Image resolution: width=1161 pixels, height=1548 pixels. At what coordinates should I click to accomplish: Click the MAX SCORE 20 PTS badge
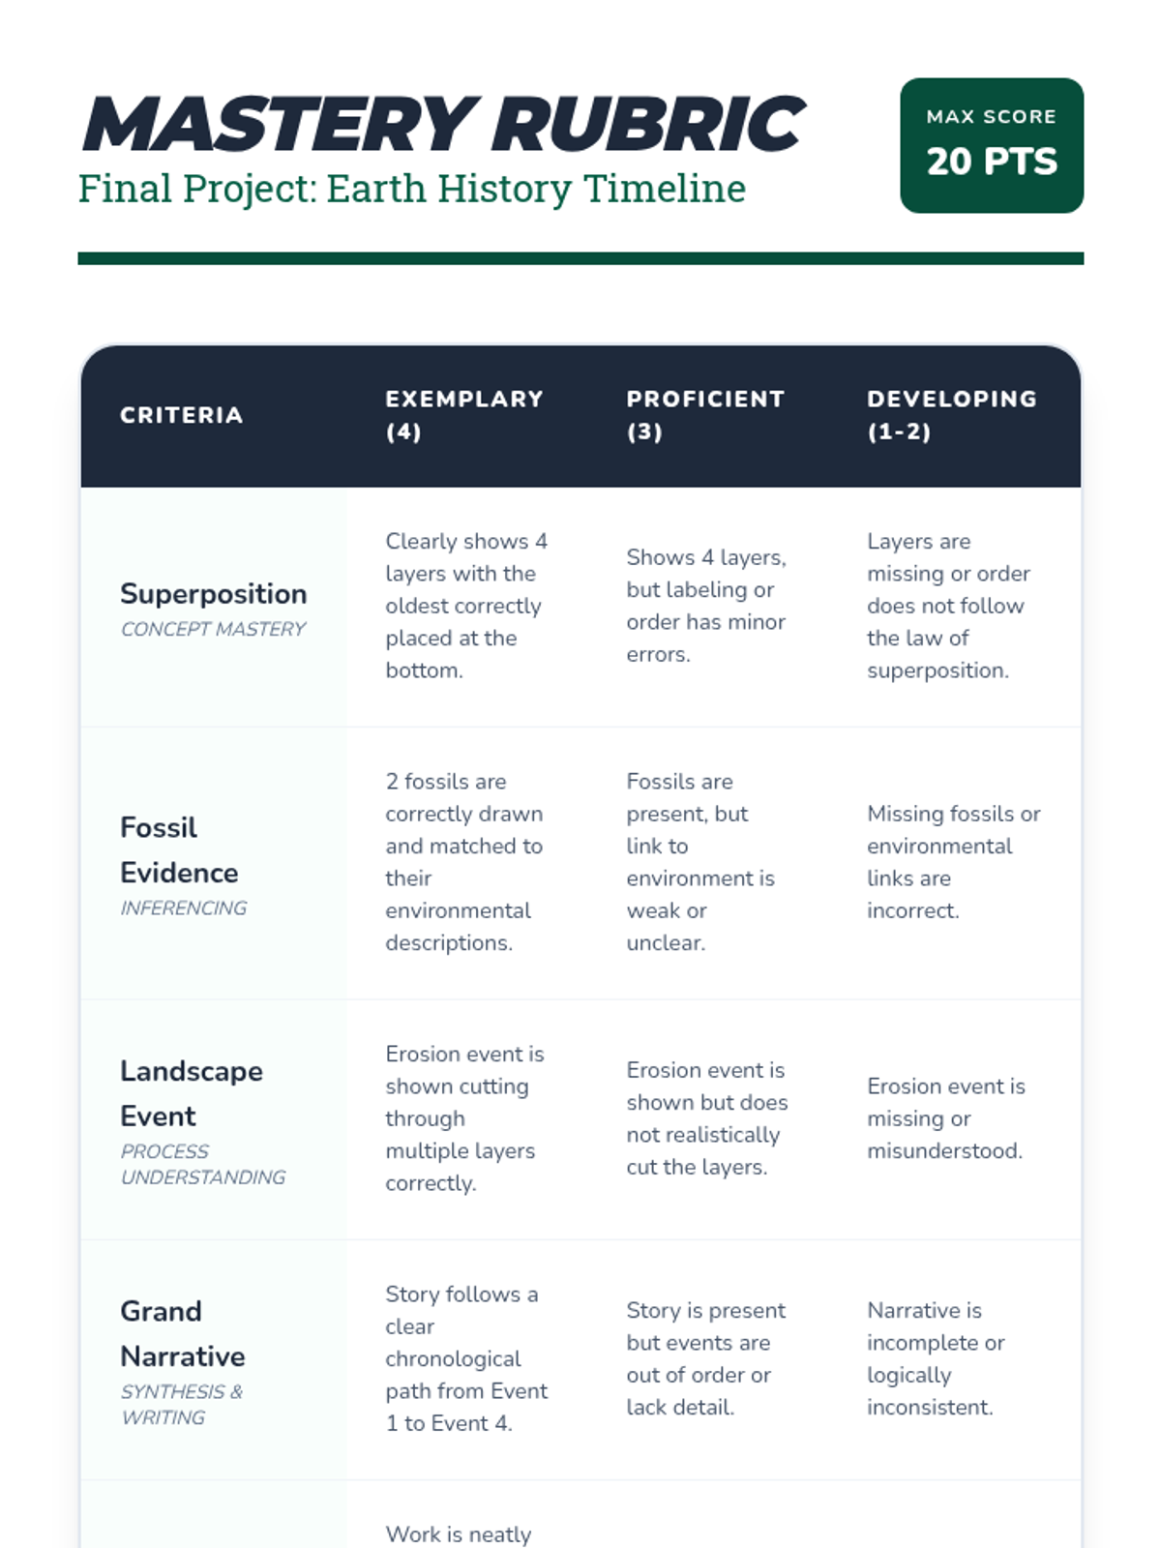point(991,145)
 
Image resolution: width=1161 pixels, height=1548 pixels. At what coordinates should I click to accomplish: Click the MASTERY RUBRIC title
point(442,125)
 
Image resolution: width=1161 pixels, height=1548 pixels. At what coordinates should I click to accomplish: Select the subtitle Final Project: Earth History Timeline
point(411,189)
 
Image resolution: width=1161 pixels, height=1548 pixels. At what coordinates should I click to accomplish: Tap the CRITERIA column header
point(181,415)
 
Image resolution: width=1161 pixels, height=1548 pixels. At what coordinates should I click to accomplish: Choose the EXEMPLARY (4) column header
point(463,415)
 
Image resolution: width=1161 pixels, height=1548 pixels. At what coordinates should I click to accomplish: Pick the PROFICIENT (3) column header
point(704,415)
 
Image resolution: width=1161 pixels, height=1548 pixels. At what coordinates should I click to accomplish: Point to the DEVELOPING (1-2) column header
point(951,415)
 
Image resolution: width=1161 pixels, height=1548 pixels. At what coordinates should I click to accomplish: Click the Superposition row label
point(213,594)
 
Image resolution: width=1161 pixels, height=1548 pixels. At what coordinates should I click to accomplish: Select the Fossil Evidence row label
point(179,849)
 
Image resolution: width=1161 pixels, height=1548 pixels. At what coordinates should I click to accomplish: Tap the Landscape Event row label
point(191,1093)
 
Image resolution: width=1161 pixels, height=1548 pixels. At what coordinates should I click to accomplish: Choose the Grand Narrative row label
point(182,1333)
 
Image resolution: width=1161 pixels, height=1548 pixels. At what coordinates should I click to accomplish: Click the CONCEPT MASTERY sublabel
point(213,629)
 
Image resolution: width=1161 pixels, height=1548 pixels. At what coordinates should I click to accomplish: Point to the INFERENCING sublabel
point(183,908)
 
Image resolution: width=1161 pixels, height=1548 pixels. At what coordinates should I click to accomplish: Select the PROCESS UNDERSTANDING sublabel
point(202,1164)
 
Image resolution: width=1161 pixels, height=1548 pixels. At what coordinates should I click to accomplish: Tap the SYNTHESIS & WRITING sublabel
point(181,1404)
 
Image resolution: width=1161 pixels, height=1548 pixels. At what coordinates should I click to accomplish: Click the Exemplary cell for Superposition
point(465,606)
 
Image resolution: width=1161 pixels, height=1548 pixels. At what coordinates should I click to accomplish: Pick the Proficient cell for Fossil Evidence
point(700,861)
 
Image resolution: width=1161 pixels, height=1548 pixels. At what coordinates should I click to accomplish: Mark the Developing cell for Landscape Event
point(944,1118)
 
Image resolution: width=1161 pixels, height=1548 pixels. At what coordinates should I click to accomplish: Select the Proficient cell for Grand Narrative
point(705,1358)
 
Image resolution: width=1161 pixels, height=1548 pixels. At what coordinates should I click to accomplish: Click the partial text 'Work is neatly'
point(458,1533)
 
